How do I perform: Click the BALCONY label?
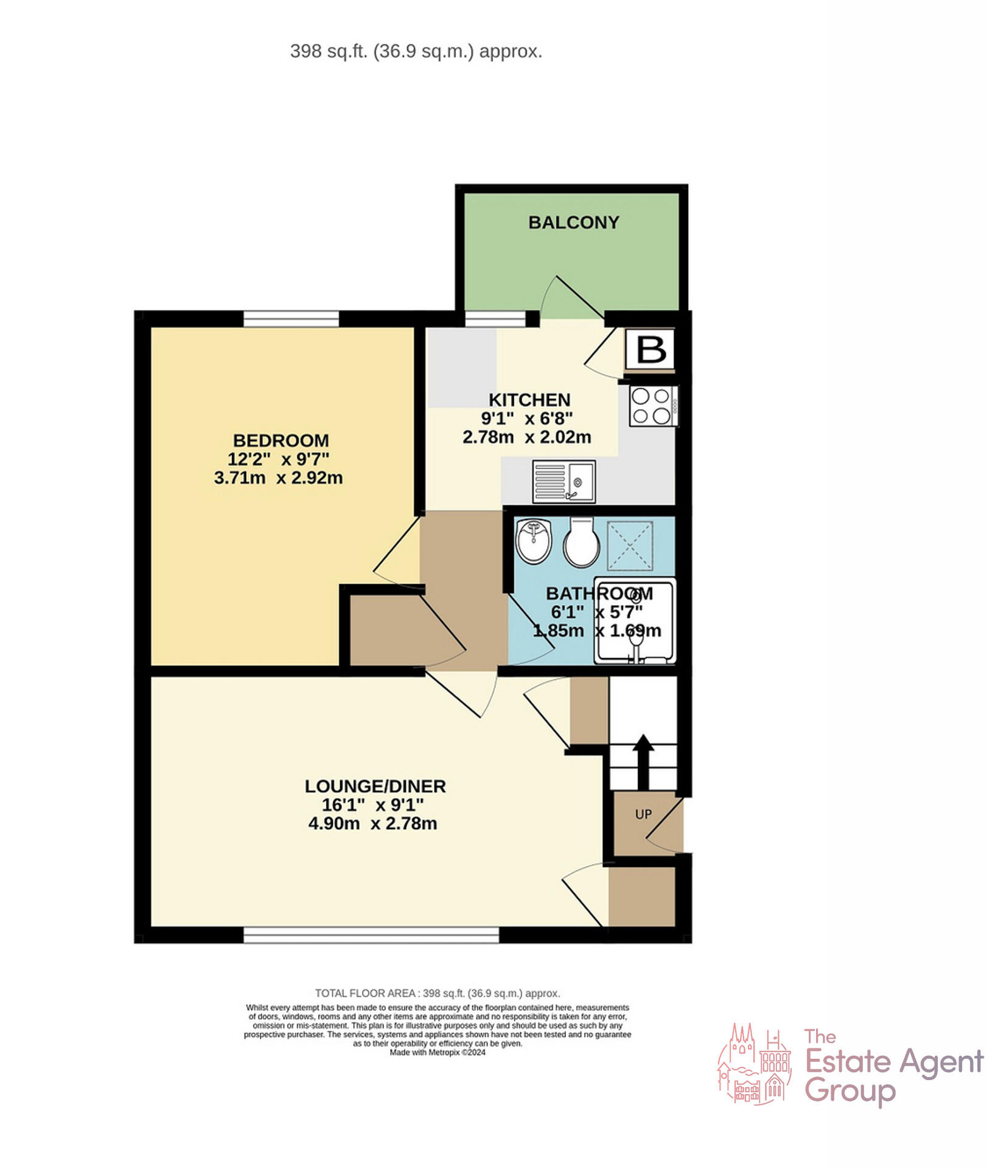click(x=573, y=222)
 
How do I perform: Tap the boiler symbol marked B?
click(x=650, y=349)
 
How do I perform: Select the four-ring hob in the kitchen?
click(x=652, y=406)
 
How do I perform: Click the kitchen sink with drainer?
click(x=563, y=481)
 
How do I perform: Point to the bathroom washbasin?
click(x=534, y=540)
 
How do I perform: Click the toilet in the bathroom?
click(x=581, y=542)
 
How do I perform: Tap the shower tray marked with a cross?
click(x=630, y=546)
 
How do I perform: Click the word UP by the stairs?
click(x=643, y=814)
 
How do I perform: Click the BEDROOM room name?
click(x=281, y=440)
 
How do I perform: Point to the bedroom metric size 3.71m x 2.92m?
click(x=278, y=478)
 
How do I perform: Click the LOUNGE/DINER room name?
click(x=375, y=786)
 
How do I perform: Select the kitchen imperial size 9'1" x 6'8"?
click(x=526, y=418)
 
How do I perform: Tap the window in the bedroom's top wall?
click(x=291, y=318)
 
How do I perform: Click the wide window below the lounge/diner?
click(x=371, y=935)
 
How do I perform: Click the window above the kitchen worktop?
click(x=495, y=318)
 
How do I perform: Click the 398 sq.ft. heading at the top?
click(x=416, y=51)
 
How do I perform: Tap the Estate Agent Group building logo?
click(x=754, y=1065)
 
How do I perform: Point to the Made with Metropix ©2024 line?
click(x=438, y=1053)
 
